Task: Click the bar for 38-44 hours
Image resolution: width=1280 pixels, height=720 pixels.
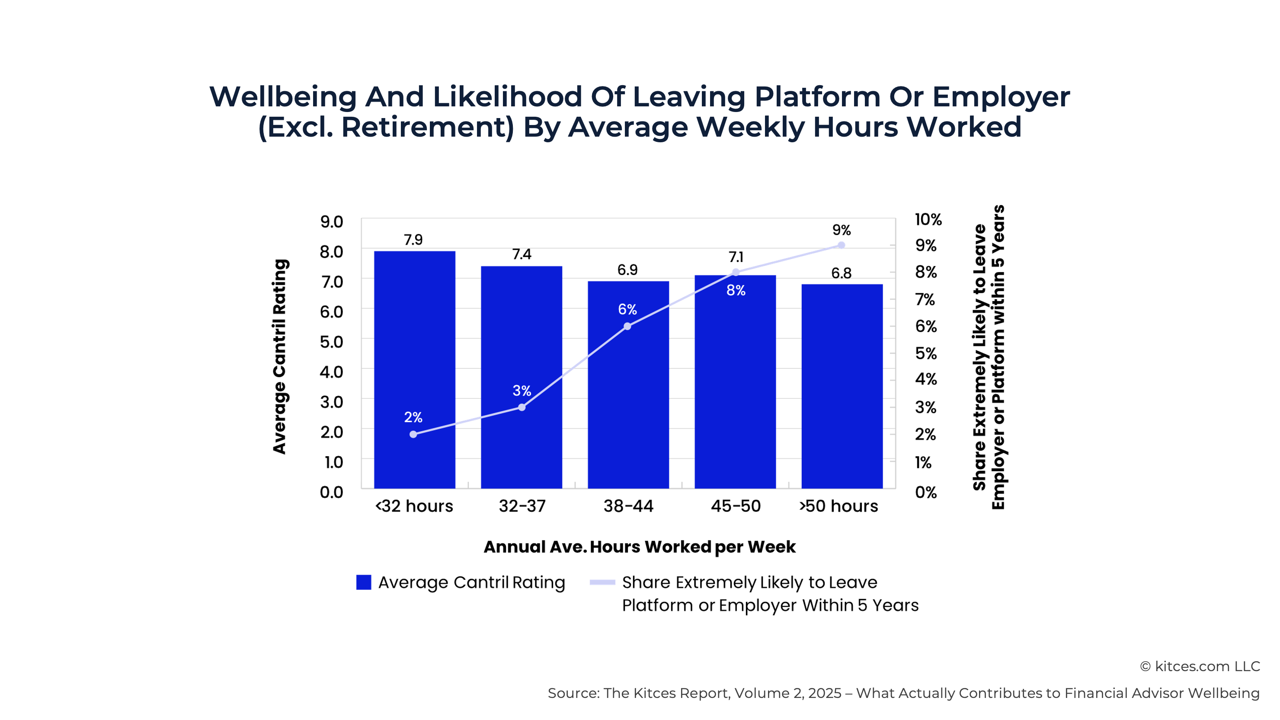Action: click(x=628, y=397)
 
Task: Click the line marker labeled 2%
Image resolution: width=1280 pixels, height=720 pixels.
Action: click(x=413, y=434)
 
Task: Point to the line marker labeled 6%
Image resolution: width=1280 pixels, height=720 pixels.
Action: click(x=627, y=326)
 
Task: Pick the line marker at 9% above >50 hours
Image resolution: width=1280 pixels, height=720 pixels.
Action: click(x=841, y=245)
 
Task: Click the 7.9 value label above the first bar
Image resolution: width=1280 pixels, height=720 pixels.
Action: click(x=413, y=240)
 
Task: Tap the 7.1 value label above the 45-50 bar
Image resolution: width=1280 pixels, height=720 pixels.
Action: click(x=736, y=257)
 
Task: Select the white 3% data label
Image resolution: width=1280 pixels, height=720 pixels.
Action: click(x=522, y=390)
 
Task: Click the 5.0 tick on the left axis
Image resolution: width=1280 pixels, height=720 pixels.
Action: click(x=331, y=342)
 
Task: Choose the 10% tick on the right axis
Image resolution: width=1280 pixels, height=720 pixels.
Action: click(x=928, y=219)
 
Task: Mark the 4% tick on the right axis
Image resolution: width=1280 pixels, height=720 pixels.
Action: click(x=926, y=379)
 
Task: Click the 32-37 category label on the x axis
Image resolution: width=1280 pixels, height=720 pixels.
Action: click(x=522, y=506)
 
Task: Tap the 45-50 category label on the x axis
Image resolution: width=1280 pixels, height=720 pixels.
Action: click(x=736, y=506)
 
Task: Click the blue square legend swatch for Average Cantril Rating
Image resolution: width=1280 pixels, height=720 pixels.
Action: click(x=364, y=582)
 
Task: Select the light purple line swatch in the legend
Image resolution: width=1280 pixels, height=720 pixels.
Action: click(x=602, y=582)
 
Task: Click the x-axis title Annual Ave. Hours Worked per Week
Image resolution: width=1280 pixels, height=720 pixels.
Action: click(x=640, y=547)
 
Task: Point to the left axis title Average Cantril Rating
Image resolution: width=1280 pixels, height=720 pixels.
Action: click(x=280, y=356)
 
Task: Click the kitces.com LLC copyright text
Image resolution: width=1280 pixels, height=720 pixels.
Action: click(x=1200, y=666)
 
